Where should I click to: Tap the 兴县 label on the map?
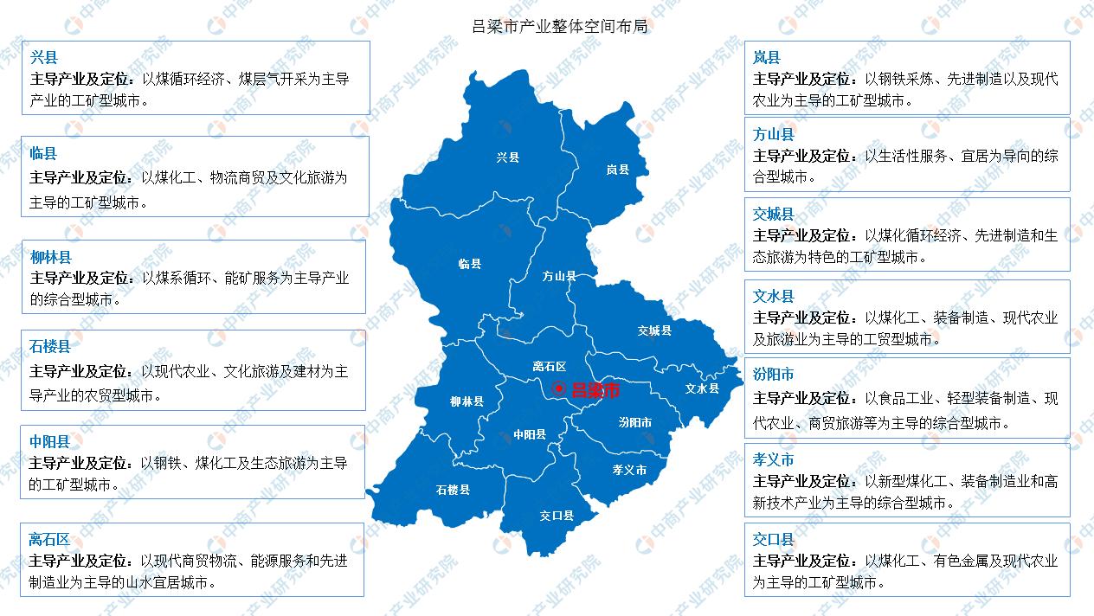508,157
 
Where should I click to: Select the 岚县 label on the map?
617,170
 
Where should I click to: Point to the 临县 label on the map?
470,264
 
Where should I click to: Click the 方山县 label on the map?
559,276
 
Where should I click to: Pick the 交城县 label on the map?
654,330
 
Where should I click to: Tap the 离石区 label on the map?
549,367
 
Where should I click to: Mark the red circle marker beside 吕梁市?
560,389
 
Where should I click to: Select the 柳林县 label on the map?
467,401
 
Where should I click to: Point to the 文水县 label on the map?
702,388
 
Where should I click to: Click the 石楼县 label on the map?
453,490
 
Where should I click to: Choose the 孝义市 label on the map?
629,470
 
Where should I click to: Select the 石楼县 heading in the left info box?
50,346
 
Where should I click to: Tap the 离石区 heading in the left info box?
50,539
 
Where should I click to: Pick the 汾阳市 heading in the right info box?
773,375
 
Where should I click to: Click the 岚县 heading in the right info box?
766,58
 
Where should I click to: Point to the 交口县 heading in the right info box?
773,540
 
